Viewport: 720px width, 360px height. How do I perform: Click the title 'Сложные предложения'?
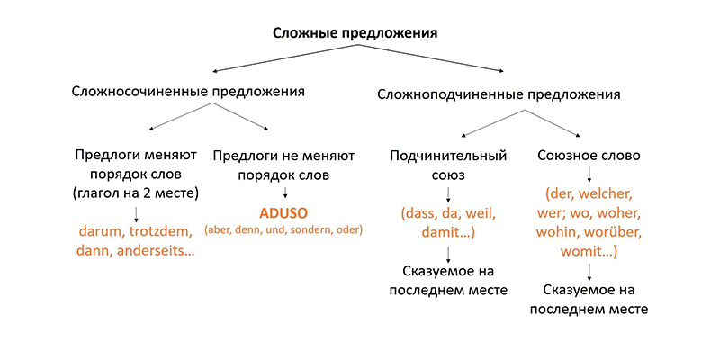click(x=355, y=34)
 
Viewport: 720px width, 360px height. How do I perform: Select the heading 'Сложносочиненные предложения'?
click(x=188, y=91)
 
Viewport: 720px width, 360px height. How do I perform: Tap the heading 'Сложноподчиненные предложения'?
click(x=499, y=95)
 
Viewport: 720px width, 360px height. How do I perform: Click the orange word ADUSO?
click(x=284, y=214)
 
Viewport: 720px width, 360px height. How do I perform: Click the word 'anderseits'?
click(x=157, y=252)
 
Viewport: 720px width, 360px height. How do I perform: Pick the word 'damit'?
click(x=443, y=233)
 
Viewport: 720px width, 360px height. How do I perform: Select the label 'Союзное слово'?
click(x=589, y=155)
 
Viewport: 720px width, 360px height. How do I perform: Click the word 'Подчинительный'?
click(x=448, y=156)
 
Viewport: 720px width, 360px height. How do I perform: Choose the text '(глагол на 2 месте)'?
click(x=136, y=193)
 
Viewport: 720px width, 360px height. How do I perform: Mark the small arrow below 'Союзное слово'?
click(x=589, y=174)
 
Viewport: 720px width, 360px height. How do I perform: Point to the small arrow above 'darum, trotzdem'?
click(x=136, y=214)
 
